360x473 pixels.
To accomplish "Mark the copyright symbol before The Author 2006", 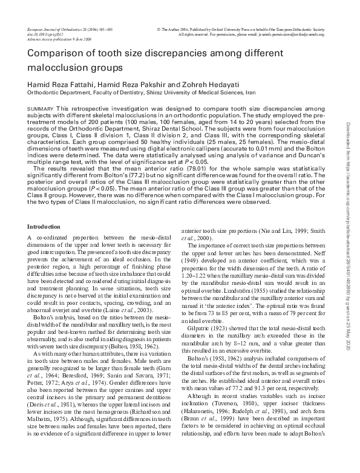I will click(x=159, y=28).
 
